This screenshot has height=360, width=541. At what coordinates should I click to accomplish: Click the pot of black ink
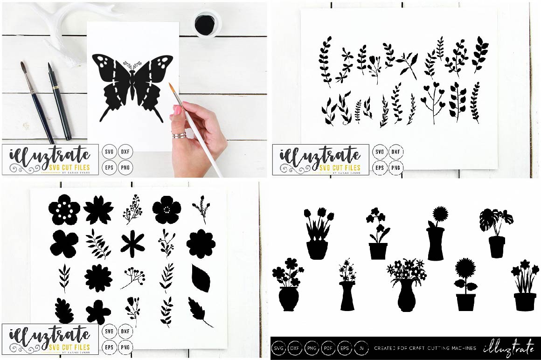(x=205, y=22)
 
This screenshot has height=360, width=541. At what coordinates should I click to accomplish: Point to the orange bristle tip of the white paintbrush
(x=172, y=88)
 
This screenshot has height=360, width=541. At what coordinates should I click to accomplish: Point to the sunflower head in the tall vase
(x=440, y=215)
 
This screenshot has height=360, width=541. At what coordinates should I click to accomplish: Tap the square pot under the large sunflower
(x=465, y=301)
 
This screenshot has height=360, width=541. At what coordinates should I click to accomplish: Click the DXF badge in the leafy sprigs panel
(x=396, y=152)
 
